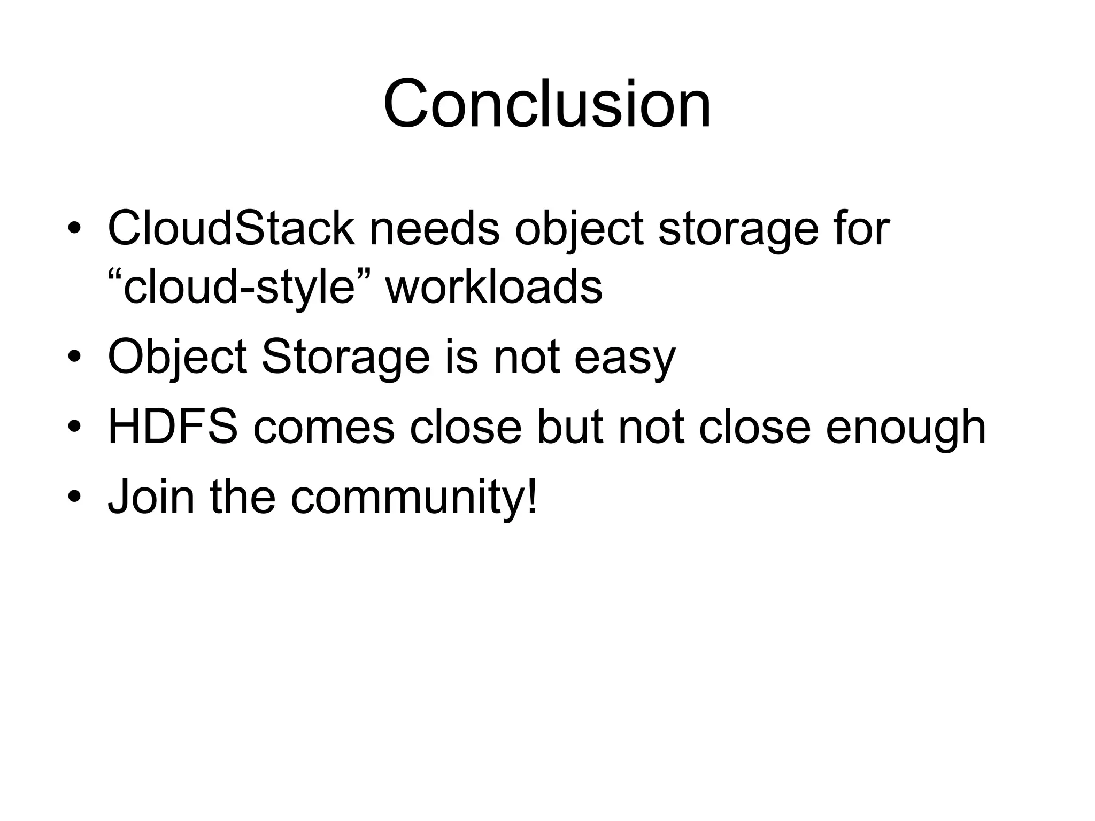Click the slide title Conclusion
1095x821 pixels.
coord(547,104)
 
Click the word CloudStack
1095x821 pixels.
coord(231,229)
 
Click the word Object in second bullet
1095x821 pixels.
coord(177,357)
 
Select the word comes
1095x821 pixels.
coord(323,428)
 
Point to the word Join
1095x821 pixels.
coord(151,497)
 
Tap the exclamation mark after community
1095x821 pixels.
coord(531,495)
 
